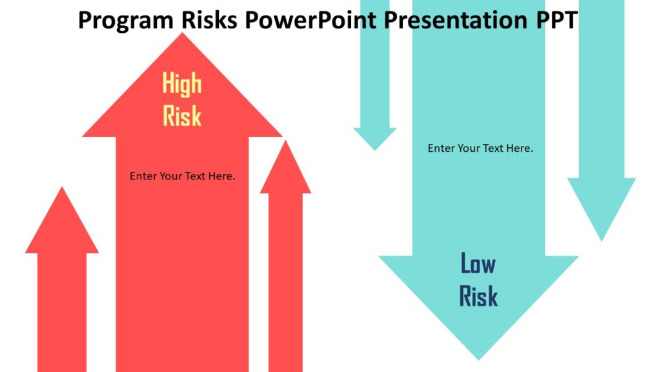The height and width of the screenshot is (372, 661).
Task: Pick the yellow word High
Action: [x=181, y=84]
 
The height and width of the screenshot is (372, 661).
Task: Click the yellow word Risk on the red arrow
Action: [x=181, y=116]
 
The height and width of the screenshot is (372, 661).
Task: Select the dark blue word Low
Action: [x=478, y=263]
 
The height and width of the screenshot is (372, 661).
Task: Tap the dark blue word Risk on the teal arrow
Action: [x=478, y=296]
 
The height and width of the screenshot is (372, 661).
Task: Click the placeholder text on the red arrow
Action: [x=182, y=176]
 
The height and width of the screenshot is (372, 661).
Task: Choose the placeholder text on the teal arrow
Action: [x=480, y=148]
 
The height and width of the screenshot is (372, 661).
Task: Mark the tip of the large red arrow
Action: [x=183, y=36]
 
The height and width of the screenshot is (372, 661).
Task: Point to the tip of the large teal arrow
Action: [x=478, y=357]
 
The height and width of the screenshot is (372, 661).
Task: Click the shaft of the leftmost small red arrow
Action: [x=62, y=310]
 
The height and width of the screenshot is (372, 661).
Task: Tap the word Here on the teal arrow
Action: [x=520, y=148]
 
